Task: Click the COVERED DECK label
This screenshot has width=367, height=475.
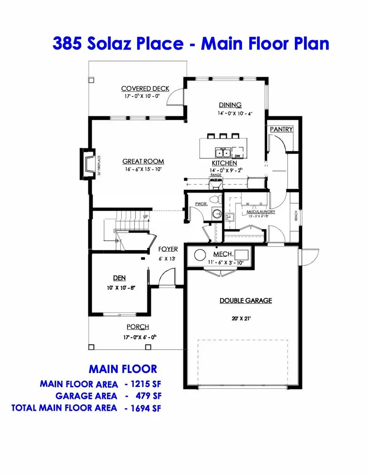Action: coord(145,89)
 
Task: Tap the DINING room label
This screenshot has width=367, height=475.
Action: coord(230,105)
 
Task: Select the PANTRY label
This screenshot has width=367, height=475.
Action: coord(281,129)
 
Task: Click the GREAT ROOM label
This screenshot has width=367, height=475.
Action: coord(143,162)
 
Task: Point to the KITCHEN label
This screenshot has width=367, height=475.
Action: coord(224,163)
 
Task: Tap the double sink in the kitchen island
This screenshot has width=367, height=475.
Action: coord(223,152)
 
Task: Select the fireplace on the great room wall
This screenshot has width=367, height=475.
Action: coord(88,163)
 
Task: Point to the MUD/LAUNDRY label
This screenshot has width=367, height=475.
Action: coord(260,212)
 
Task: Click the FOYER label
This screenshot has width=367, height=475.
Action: coord(168,249)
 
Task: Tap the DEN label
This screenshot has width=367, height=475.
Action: coord(119,278)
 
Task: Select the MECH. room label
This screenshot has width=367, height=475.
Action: coord(223,254)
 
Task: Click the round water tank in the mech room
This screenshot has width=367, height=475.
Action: coord(200,256)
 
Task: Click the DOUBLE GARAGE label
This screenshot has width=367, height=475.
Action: coord(245,301)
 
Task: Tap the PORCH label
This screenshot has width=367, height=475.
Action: coord(138,327)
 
